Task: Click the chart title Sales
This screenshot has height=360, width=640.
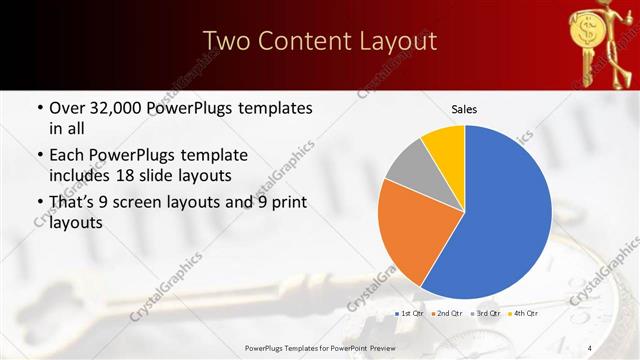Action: pos(464,107)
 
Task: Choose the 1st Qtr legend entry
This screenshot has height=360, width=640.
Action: pos(410,314)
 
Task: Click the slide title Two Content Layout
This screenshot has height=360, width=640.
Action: pos(320,41)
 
